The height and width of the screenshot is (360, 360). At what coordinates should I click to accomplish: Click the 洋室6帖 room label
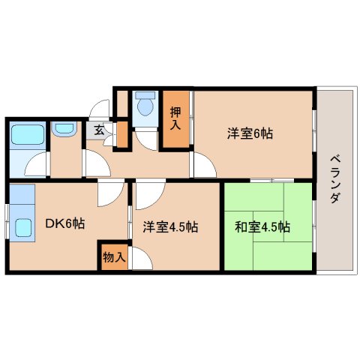coord(250,134)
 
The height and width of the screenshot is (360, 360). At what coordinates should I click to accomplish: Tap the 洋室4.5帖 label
coord(171,226)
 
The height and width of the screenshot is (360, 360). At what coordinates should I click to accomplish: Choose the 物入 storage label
coord(115,256)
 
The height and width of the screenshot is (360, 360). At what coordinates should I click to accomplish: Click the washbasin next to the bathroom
coord(65,129)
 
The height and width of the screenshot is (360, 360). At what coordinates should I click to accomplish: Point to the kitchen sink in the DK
coord(22,226)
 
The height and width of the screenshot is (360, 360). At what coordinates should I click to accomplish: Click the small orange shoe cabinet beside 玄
coord(119,136)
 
